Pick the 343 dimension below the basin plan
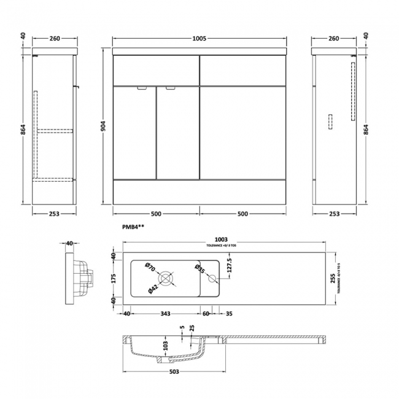tap(165, 314)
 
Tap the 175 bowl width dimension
tap(114, 278)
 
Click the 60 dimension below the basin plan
tap(206, 314)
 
